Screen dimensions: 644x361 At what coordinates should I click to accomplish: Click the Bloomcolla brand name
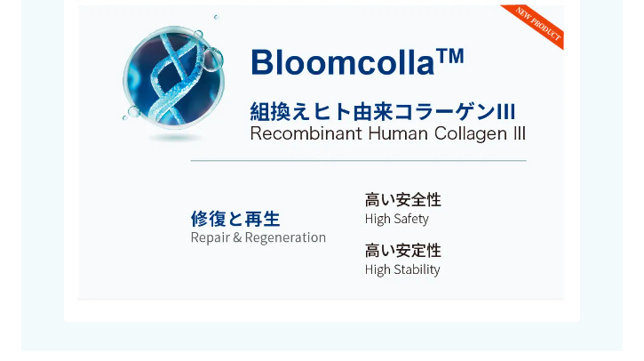point(343,62)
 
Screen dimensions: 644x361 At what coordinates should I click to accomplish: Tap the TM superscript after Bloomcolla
point(450,55)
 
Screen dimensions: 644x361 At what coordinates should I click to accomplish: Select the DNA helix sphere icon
point(173,76)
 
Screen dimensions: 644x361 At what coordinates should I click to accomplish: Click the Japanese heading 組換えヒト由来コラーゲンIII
point(382,112)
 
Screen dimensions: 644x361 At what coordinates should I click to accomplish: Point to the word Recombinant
point(306,133)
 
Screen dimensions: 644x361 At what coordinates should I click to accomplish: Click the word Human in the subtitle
point(398,133)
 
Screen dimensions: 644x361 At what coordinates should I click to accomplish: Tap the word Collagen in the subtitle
point(471,134)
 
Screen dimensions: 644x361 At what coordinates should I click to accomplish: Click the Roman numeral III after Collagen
point(520,133)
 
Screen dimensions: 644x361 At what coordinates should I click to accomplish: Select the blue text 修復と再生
point(235,219)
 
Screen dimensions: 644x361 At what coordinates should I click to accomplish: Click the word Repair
point(211,237)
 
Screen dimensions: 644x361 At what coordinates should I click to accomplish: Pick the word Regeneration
point(285,237)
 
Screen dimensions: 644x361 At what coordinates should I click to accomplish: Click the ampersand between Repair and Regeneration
point(237,237)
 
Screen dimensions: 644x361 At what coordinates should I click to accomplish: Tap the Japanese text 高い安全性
point(403,200)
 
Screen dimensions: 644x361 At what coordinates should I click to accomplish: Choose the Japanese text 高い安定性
point(403,251)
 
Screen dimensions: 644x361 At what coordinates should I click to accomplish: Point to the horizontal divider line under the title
point(358,161)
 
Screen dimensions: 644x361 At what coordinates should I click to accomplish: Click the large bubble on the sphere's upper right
point(212,60)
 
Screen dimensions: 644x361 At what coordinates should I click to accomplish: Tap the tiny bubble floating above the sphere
point(217,17)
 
